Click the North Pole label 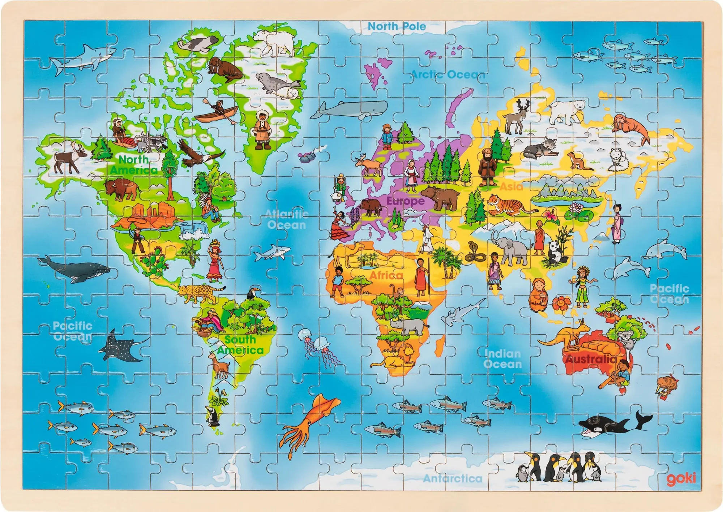point(397,26)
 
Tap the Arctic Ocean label point(448,75)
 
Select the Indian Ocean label point(502,359)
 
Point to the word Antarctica point(453,478)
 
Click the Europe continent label point(406,201)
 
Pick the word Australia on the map point(591,359)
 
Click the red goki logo point(681,478)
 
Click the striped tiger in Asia point(508,205)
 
